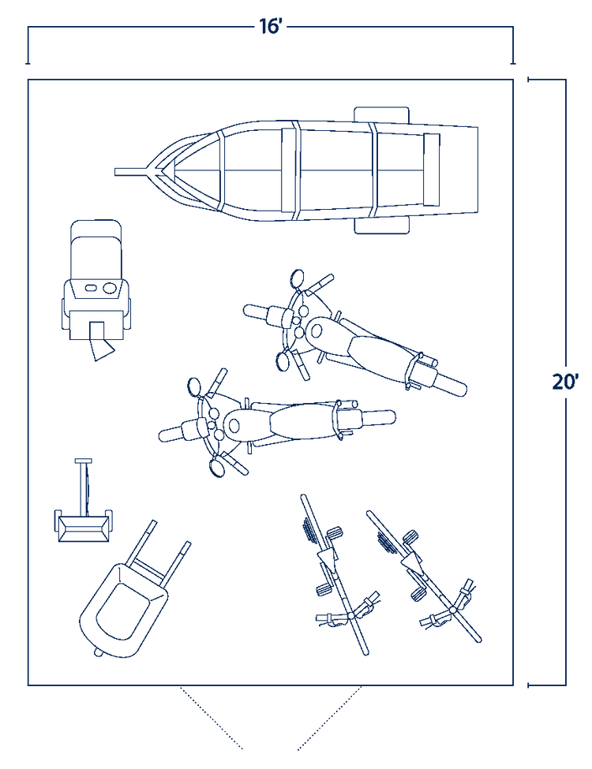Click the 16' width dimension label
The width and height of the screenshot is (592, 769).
point(270,27)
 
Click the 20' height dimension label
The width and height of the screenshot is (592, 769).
point(565,382)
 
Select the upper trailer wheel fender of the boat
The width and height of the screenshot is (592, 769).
point(381,114)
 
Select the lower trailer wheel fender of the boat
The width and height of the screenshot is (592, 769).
point(382,225)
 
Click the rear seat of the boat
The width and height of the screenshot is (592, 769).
point(432,170)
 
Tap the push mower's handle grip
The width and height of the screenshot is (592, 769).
point(84,461)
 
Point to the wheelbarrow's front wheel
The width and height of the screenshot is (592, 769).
point(99,653)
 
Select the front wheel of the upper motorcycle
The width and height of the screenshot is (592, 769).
point(260,312)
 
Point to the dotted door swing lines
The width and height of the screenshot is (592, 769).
point(271,717)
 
